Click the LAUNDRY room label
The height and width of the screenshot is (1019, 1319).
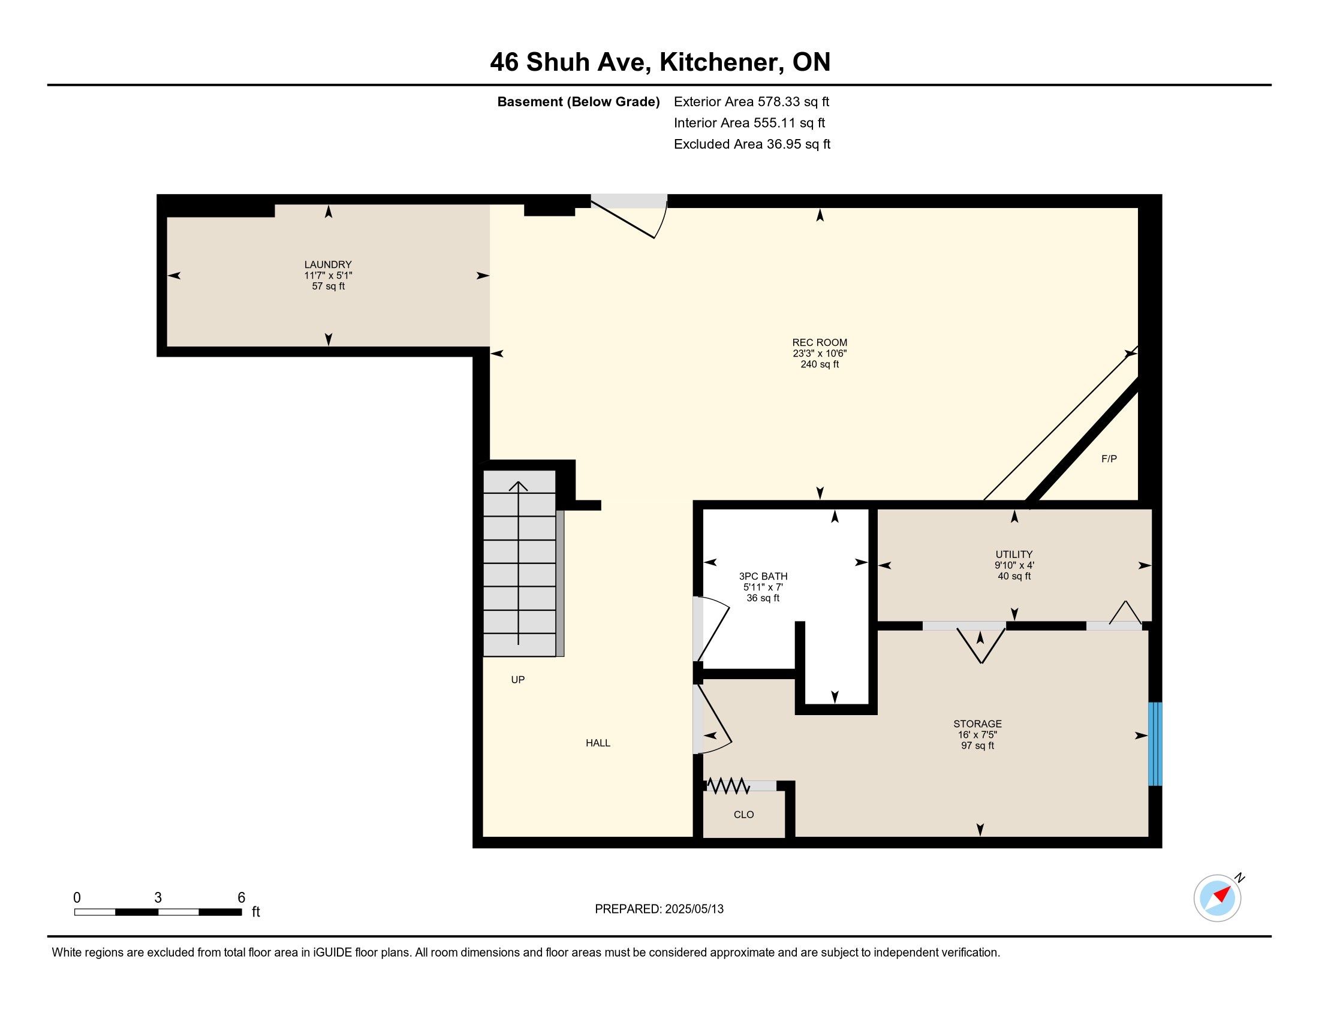pyautogui.click(x=328, y=264)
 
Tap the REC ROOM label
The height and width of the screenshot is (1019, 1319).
pyautogui.click(x=820, y=342)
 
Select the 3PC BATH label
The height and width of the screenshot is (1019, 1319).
pyautogui.click(x=763, y=577)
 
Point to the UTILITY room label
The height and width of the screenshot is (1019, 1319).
pyautogui.click(x=1014, y=554)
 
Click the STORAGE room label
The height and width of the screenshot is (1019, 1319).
pyautogui.click(x=977, y=724)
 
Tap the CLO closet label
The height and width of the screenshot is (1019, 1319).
pyautogui.click(x=743, y=815)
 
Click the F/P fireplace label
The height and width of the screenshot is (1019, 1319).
pyautogui.click(x=1109, y=459)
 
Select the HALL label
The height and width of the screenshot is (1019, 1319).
pyautogui.click(x=598, y=743)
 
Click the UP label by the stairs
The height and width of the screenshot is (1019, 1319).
pyautogui.click(x=517, y=680)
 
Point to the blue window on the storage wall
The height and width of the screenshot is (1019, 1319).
pyautogui.click(x=1155, y=744)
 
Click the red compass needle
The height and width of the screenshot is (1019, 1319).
pyautogui.click(x=1222, y=894)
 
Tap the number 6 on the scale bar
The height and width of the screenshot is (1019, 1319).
pyautogui.click(x=242, y=898)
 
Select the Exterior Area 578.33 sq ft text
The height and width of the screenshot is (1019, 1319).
pyautogui.click(x=751, y=101)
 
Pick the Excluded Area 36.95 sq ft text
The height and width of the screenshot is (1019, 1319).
pyautogui.click(x=752, y=144)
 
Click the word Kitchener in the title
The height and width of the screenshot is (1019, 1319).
pyautogui.click(x=718, y=62)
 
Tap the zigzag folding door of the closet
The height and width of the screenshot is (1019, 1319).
pyautogui.click(x=728, y=786)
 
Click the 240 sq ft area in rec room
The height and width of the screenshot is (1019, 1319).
pyautogui.click(x=820, y=364)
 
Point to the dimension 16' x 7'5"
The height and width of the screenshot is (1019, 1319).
pyautogui.click(x=977, y=735)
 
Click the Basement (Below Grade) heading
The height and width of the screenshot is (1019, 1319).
pyautogui.click(x=578, y=101)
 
